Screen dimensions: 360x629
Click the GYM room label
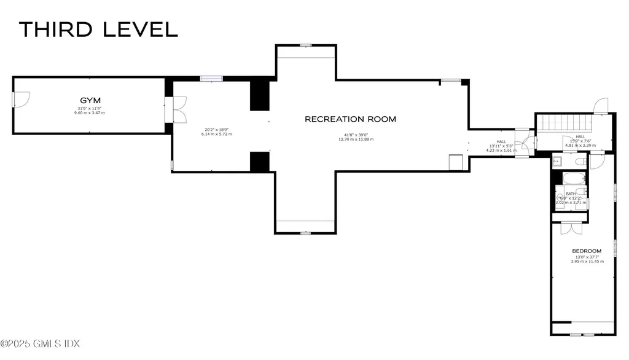tap(90, 100)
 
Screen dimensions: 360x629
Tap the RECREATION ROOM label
tap(350, 119)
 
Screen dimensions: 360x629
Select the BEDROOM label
tap(587, 251)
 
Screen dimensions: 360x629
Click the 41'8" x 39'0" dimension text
tap(356, 135)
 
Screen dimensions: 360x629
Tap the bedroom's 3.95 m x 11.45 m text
tap(587, 262)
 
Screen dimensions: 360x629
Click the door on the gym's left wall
tap(20, 99)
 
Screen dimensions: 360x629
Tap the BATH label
tap(571, 194)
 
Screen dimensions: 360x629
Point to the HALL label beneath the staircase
tap(580, 137)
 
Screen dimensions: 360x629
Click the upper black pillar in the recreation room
tap(259, 95)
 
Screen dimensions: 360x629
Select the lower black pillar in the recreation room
tap(259, 162)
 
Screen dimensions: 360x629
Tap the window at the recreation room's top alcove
tap(305, 45)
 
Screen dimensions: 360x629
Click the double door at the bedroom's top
tap(571, 227)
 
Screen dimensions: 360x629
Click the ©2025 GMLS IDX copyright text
tap(41, 343)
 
